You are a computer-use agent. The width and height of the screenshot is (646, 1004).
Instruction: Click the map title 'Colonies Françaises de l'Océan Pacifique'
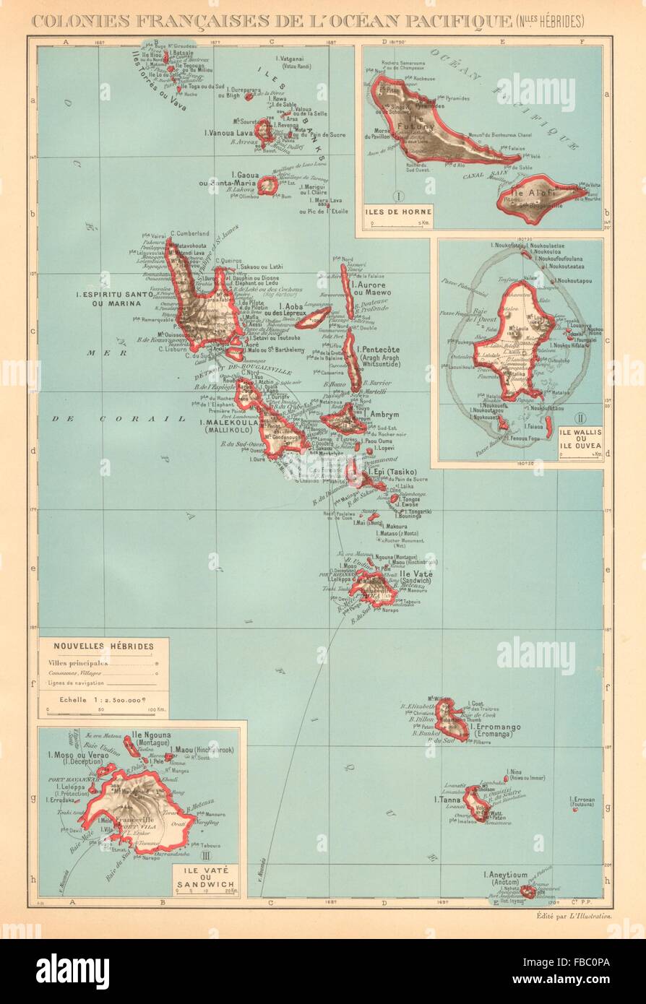coord(267,22)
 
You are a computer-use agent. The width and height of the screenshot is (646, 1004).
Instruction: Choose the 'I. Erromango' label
coord(499,727)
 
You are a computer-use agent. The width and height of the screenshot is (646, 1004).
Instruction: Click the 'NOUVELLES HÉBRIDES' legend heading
coord(103,646)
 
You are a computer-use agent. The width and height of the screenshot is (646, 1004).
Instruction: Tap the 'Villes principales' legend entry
coord(78,662)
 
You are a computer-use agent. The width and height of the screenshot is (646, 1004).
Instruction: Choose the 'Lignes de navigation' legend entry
coord(76,683)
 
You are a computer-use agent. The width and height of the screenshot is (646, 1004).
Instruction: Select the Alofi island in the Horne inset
coord(539,195)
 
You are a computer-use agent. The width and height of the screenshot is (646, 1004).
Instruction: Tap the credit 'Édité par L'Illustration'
coord(574,915)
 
